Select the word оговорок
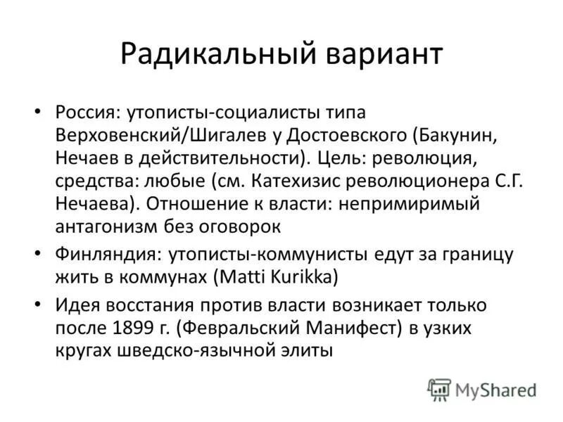pyautogui.click(x=243, y=226)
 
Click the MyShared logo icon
pyautogui.click(x=439, y=389)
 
